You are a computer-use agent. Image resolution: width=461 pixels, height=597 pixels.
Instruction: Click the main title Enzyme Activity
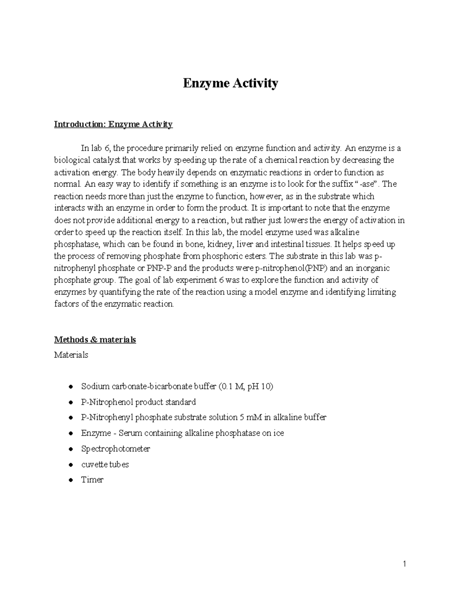click(230, 83)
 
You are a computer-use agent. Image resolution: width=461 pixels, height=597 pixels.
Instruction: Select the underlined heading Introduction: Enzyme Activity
click(113, 124)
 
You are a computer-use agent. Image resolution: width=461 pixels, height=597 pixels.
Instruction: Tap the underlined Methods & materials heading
click(95, 340)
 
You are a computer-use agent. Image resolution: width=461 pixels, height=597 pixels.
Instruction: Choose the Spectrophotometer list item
click(115, 449)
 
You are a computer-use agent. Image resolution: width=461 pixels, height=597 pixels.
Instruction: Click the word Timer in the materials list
click(92, 480)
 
